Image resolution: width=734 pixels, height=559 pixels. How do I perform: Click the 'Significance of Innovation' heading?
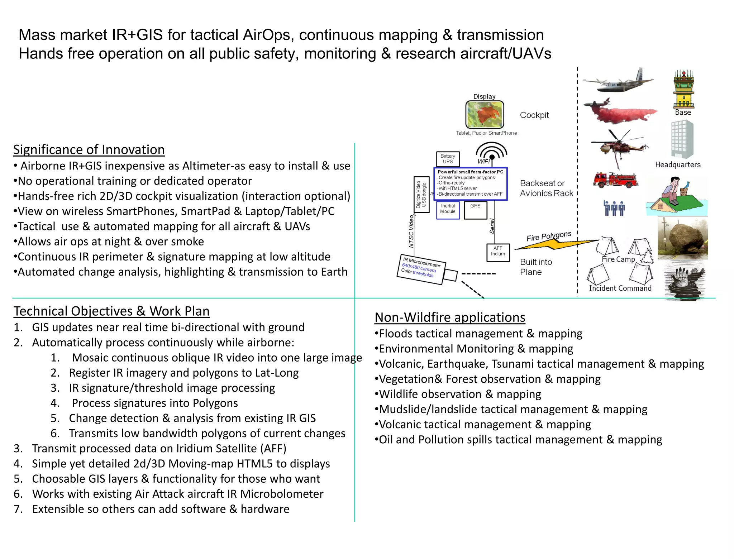point(89,150)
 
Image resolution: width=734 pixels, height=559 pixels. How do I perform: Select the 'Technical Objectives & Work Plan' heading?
point(111,311)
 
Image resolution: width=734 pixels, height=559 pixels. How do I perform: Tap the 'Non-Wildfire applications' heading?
point(450,317)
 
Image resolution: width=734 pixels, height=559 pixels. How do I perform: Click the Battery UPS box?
point(448,159)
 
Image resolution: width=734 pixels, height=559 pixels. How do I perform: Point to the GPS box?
point(475,210)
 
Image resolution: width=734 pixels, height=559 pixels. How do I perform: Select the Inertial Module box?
point(448,210)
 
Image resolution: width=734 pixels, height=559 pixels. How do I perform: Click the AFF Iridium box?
point(498,252)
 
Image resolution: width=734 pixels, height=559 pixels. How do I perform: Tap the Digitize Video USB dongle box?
point(421,195)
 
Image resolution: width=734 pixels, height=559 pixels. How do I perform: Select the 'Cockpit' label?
point(534,115)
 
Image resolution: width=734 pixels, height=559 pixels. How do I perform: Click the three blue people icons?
point(614,208)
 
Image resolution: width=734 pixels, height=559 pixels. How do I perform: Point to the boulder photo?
point(682,238)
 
